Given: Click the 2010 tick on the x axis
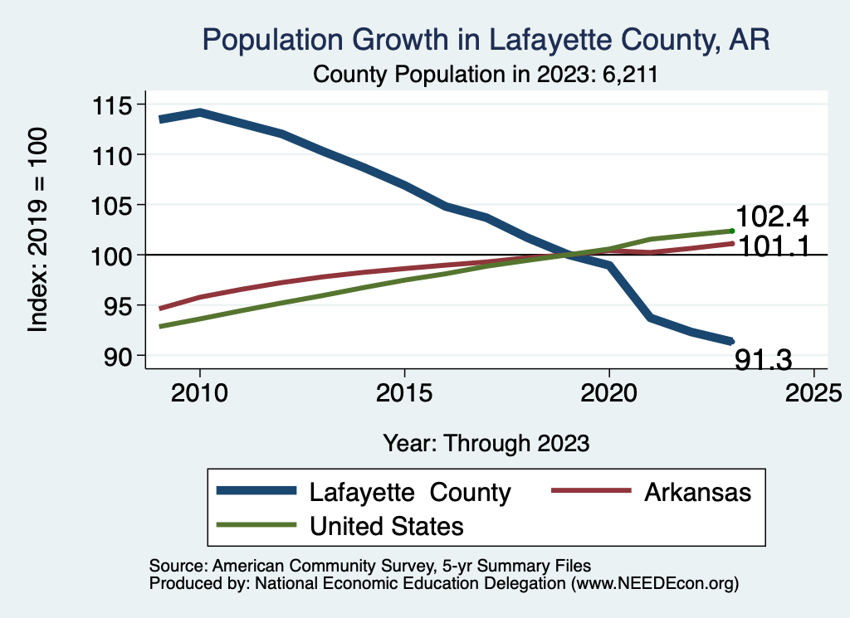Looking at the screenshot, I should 199,391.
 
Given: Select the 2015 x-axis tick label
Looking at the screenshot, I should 404,391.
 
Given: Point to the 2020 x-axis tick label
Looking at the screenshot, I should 609,391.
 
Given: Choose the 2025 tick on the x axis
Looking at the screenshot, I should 813,391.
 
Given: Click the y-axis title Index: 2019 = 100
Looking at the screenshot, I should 38,230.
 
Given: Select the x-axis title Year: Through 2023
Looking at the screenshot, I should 486,443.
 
